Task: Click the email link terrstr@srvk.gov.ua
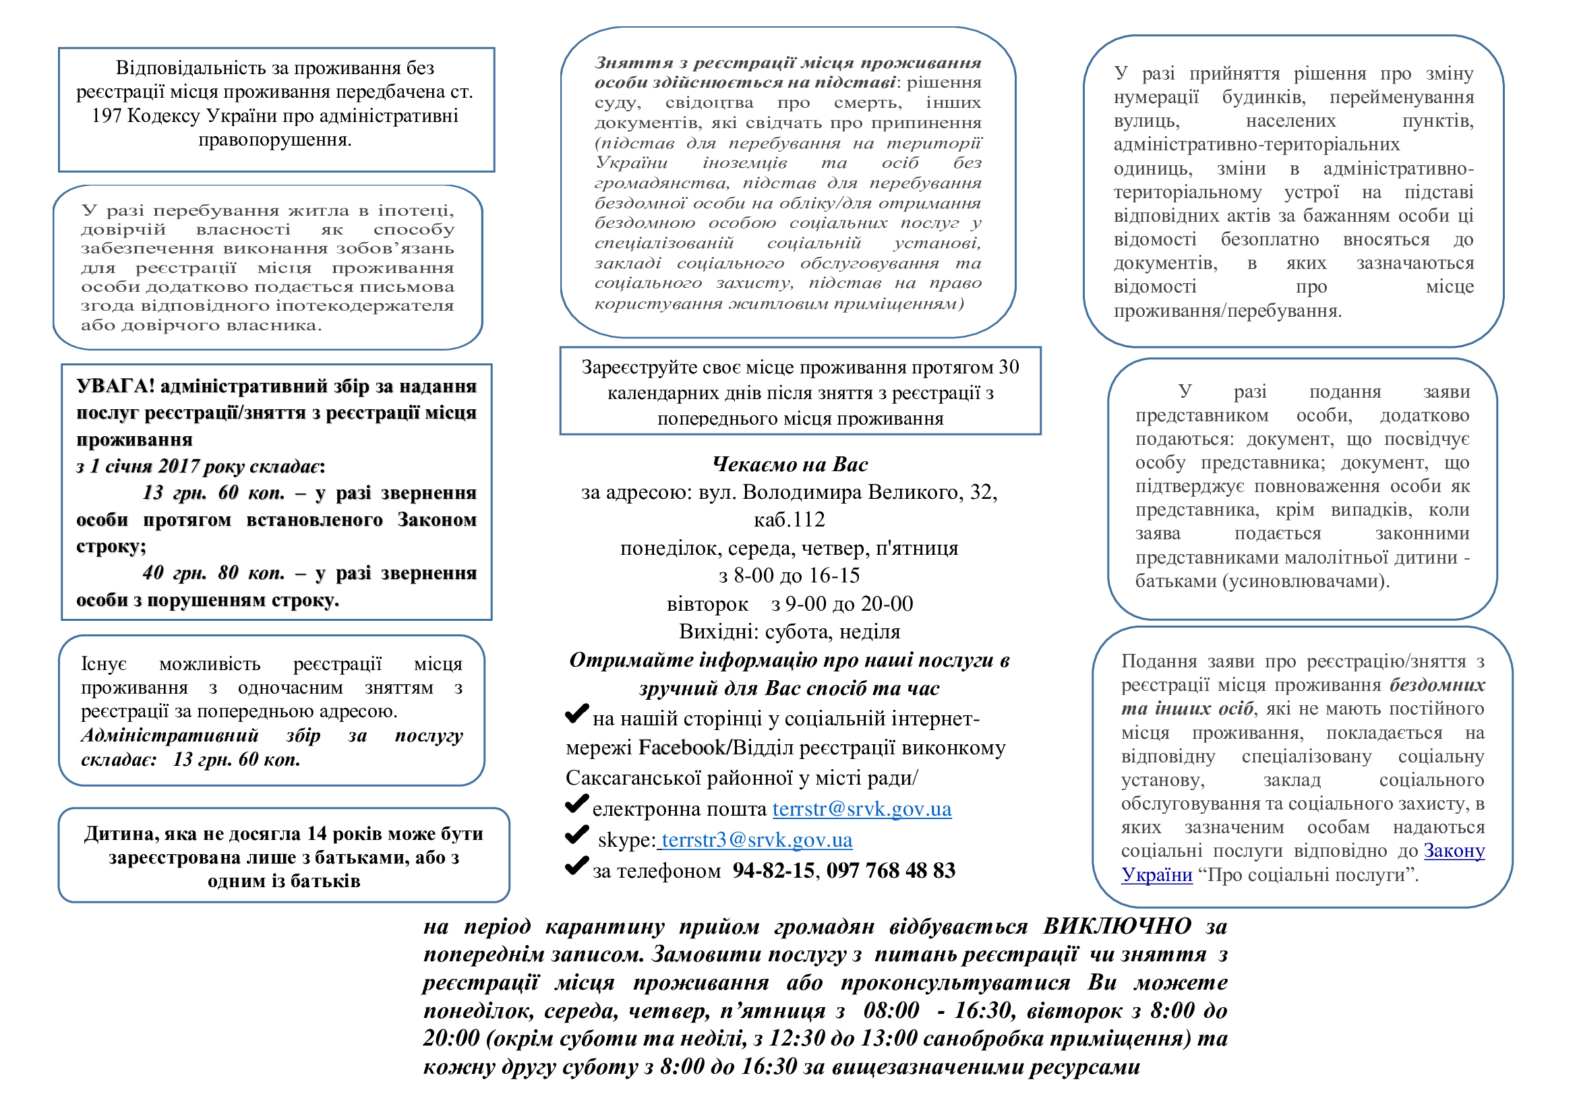click(x=861, y=809)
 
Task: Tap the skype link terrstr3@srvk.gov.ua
click(x=756, y=840)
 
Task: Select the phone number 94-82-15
click(x=773, y=870)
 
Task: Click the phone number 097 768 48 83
click(x=891, y=870)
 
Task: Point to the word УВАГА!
click(x=115, y=386)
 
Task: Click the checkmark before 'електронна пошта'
click(x=576, y=804)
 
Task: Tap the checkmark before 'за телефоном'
click(x=576, y=866)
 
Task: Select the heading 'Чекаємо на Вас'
click(x=790, y=465)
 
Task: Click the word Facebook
click(x=682, y=748)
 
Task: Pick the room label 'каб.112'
click(x=790, y=520)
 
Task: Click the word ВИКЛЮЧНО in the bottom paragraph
click(x=1117, y=926)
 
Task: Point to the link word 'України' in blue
click(x=1157, y=875)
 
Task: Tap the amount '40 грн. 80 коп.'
click(x=214, y=572)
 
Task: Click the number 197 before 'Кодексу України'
click(x=107, y=116)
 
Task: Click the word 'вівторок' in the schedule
click(x=707, y=604)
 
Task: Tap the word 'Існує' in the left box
click(x=104, y=664)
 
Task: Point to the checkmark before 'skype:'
click(x=576, y=835)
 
